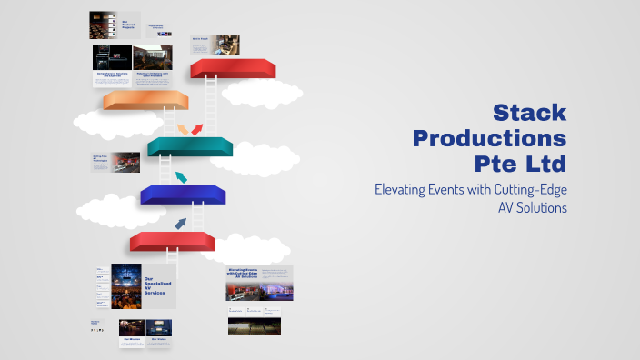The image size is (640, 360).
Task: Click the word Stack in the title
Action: (x=529, y=113)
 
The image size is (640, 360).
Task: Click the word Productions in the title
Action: (x=489, y=139)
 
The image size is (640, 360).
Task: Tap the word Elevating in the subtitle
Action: (x=405, y=189)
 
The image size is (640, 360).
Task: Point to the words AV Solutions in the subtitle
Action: (x=532, y=208)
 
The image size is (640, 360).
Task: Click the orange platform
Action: (x=145, y=100)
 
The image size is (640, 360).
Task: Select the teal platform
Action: (x=190, y=145)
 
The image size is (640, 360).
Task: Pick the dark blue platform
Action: (x=183, y=194)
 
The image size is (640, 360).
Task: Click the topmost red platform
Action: (x=233, y=68)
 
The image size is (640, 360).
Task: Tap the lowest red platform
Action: (x=172, y=241)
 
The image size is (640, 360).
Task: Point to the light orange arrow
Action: (x=183, y=128)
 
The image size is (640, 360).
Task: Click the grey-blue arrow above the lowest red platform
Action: (x=180, y=223)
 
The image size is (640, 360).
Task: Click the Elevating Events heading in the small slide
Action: (x=248, y=274)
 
